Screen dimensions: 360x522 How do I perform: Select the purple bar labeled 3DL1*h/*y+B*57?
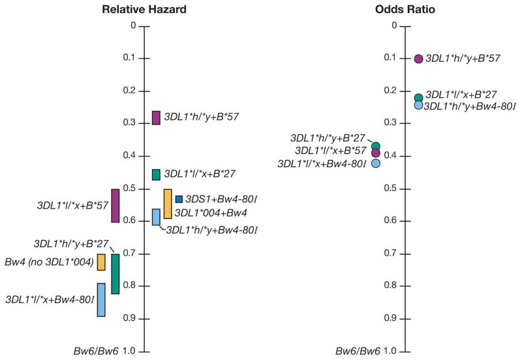point(156,117)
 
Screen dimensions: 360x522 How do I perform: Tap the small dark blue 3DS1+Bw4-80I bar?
point(179,199)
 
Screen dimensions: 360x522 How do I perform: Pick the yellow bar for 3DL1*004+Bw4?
point(168,203)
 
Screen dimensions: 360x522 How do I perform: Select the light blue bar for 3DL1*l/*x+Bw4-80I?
point(101,299)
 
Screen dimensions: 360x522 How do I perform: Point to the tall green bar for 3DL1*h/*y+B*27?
point(115,274)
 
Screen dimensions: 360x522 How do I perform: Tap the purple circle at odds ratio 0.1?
point(419,59)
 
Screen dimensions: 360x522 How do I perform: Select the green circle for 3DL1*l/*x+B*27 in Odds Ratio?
point(419,98)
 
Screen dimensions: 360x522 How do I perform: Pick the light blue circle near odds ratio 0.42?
point(376,163)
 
